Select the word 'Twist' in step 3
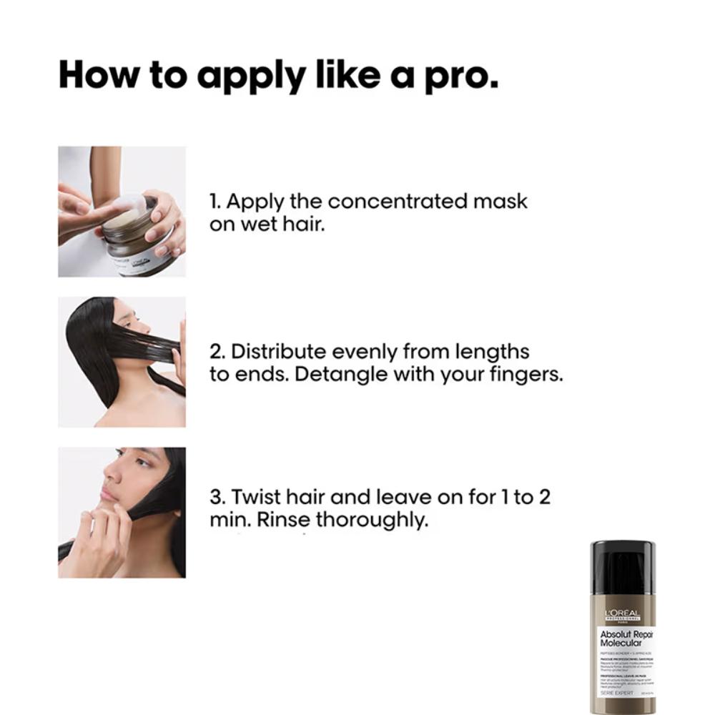pyautogui.click(x=256, y=497)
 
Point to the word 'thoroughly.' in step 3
pyautogui.click(x=373, y=520)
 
